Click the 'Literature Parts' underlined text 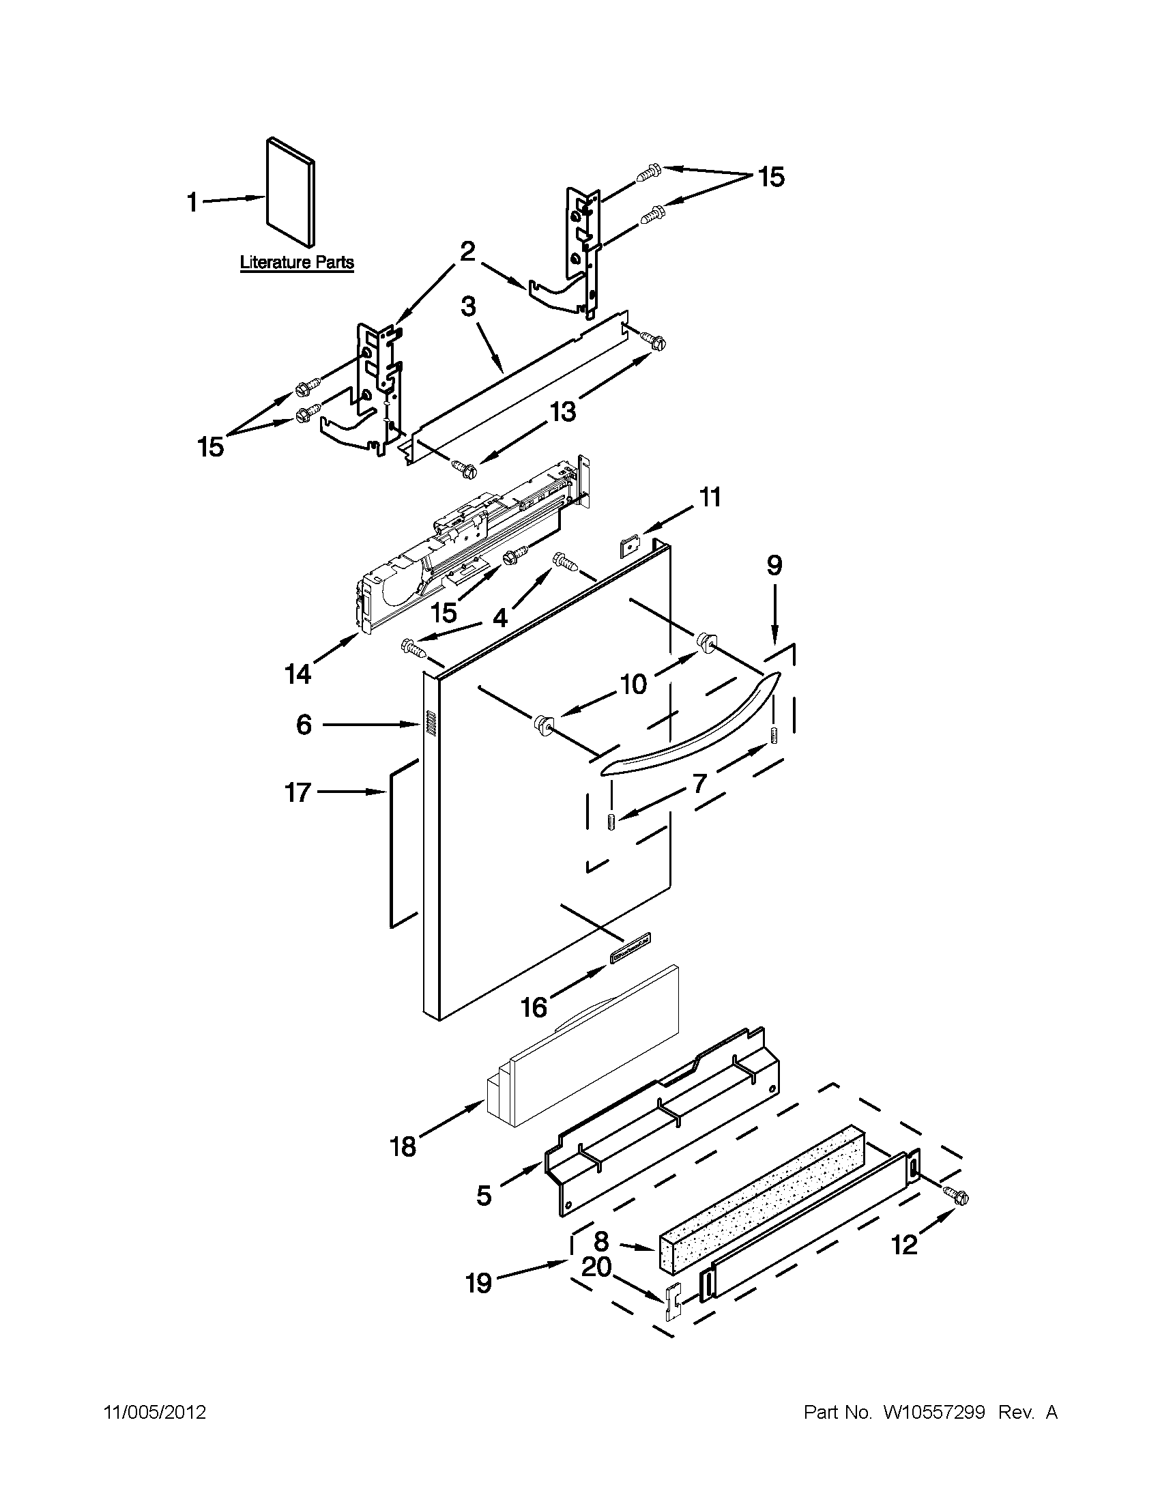[296, 263]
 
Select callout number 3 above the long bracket [468, 306]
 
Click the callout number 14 [298, 675]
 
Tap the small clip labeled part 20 [673, 1302]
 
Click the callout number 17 [298, 793]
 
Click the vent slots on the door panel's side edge [430, 722]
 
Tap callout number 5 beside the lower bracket [484, 1196]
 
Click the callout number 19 [478, 1282]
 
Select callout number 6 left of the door [304, 725]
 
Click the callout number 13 [562, 411]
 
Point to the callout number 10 [633, 684]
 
